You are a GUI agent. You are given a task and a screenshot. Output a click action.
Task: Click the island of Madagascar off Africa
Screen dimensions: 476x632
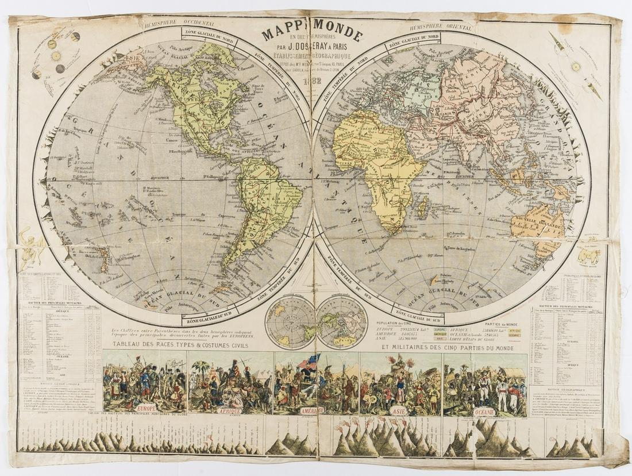pos(423,204)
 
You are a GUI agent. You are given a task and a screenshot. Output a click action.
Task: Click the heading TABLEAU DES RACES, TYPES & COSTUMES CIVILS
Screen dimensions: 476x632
pos(180,346)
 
